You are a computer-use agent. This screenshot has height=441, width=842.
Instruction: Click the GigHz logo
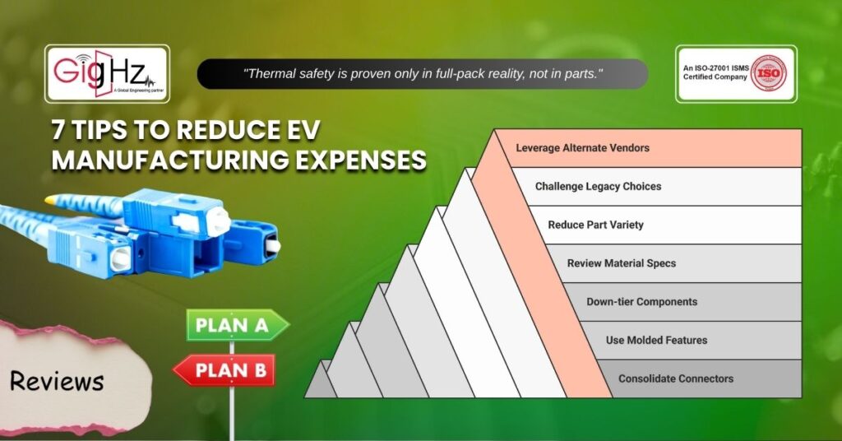[107, 73]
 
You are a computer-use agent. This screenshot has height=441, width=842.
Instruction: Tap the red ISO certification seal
[768, 73]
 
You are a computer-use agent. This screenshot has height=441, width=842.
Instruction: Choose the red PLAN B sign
[224, 369]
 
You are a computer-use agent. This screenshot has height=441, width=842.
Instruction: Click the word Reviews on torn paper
[57, 381]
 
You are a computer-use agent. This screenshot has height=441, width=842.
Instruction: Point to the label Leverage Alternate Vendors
[583, 148]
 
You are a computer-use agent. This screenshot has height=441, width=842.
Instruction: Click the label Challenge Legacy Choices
[599, 187]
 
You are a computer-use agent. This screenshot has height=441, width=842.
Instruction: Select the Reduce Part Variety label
[595, 225]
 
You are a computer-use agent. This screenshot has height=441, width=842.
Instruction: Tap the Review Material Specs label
[622, 263]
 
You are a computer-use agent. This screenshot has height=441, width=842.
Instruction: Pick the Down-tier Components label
[641, 302]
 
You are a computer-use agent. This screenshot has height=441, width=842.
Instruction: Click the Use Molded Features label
[656, 340]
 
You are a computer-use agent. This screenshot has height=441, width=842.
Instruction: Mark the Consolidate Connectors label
[676, 378]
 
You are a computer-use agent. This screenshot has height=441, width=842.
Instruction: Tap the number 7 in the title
[58, 130]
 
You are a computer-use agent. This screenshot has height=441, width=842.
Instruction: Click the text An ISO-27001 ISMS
[716, 68]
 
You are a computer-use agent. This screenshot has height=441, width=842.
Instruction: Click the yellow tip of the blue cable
[50, 200]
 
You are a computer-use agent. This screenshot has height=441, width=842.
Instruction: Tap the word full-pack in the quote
[460, 74]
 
